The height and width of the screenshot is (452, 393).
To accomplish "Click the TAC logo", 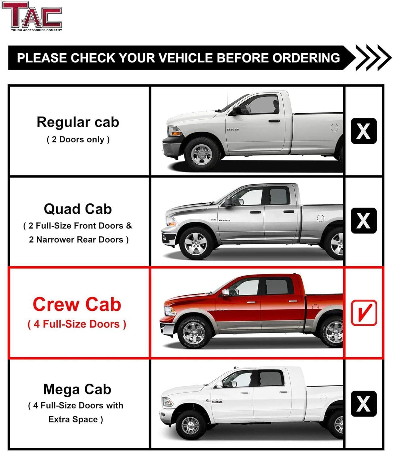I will click(x=32, y=16).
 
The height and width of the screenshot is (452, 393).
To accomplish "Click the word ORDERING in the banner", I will click(x=306, y=58).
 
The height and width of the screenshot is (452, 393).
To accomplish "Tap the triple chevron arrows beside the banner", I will click(x=373, y=58).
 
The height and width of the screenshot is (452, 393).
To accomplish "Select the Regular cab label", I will click(x=78, y=122).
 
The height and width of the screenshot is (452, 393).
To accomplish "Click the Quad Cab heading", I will click(x=78, y=209).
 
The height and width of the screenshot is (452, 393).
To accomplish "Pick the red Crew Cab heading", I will click(x=77, y=304).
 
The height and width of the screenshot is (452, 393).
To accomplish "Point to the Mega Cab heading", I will click(x=77, y=389).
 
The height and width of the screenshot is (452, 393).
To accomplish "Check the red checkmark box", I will click(x=364, y=313).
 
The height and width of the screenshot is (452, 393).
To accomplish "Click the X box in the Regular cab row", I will click(x=364, y=131).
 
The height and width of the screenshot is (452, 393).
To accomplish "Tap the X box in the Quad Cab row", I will click(x=364, y=221).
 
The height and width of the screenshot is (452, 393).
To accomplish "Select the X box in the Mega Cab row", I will click(x=364, y=404).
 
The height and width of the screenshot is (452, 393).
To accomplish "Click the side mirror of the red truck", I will click(x=225, y=292).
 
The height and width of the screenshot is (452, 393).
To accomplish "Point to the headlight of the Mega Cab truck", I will click(x=168, y=402).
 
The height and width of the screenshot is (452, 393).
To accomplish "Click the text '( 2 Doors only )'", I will click(x=78, y=140).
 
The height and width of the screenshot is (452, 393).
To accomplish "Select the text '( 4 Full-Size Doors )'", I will click(x=77, y=324).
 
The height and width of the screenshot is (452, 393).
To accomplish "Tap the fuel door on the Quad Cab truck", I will click(x=321, y=218).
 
